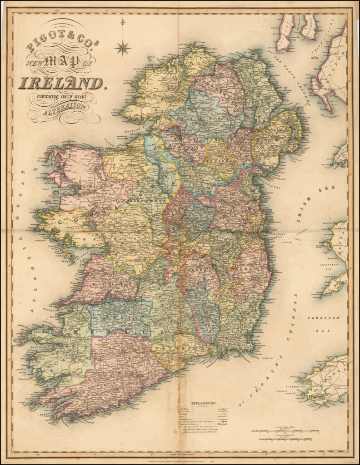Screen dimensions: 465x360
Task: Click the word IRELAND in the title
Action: (x=61, y=83)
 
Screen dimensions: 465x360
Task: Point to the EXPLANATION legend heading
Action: (x=204, y=403)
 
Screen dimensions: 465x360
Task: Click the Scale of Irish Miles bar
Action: (x=282, y=430)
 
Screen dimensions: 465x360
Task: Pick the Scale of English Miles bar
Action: (x=282, y=440)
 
